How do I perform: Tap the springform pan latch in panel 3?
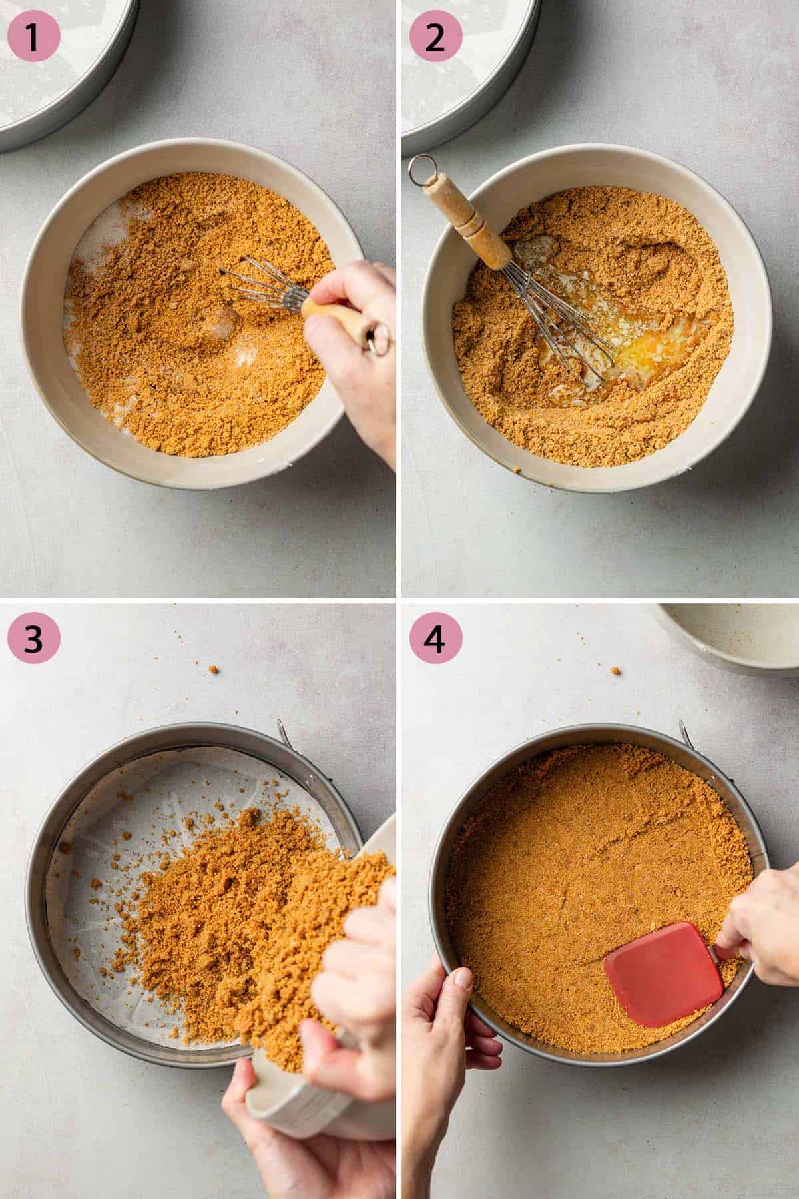[x=283, y=733]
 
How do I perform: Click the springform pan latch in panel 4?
[x=686, y=733]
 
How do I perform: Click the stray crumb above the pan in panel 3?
[x=214, y=669]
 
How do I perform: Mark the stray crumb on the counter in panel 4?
[x=616, y=669]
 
